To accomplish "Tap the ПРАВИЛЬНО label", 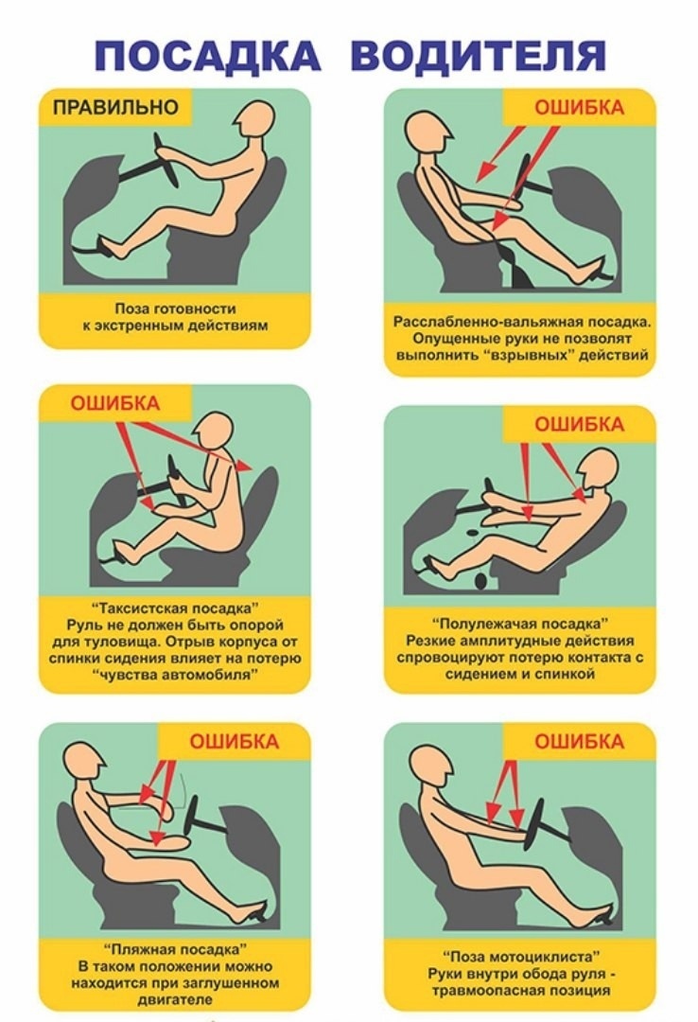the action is [115, 107].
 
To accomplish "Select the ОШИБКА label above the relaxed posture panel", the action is [579, 108].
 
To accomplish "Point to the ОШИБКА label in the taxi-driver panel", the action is [114, 403].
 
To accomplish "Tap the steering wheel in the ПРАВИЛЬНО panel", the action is [166, 160].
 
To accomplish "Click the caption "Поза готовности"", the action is [175, 308].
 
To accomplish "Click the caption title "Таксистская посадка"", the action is [175, 608].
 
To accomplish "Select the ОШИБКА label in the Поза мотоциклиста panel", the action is [579, 741].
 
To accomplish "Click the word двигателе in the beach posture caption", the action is [175, 999].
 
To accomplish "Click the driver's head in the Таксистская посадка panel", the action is [213, 432].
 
